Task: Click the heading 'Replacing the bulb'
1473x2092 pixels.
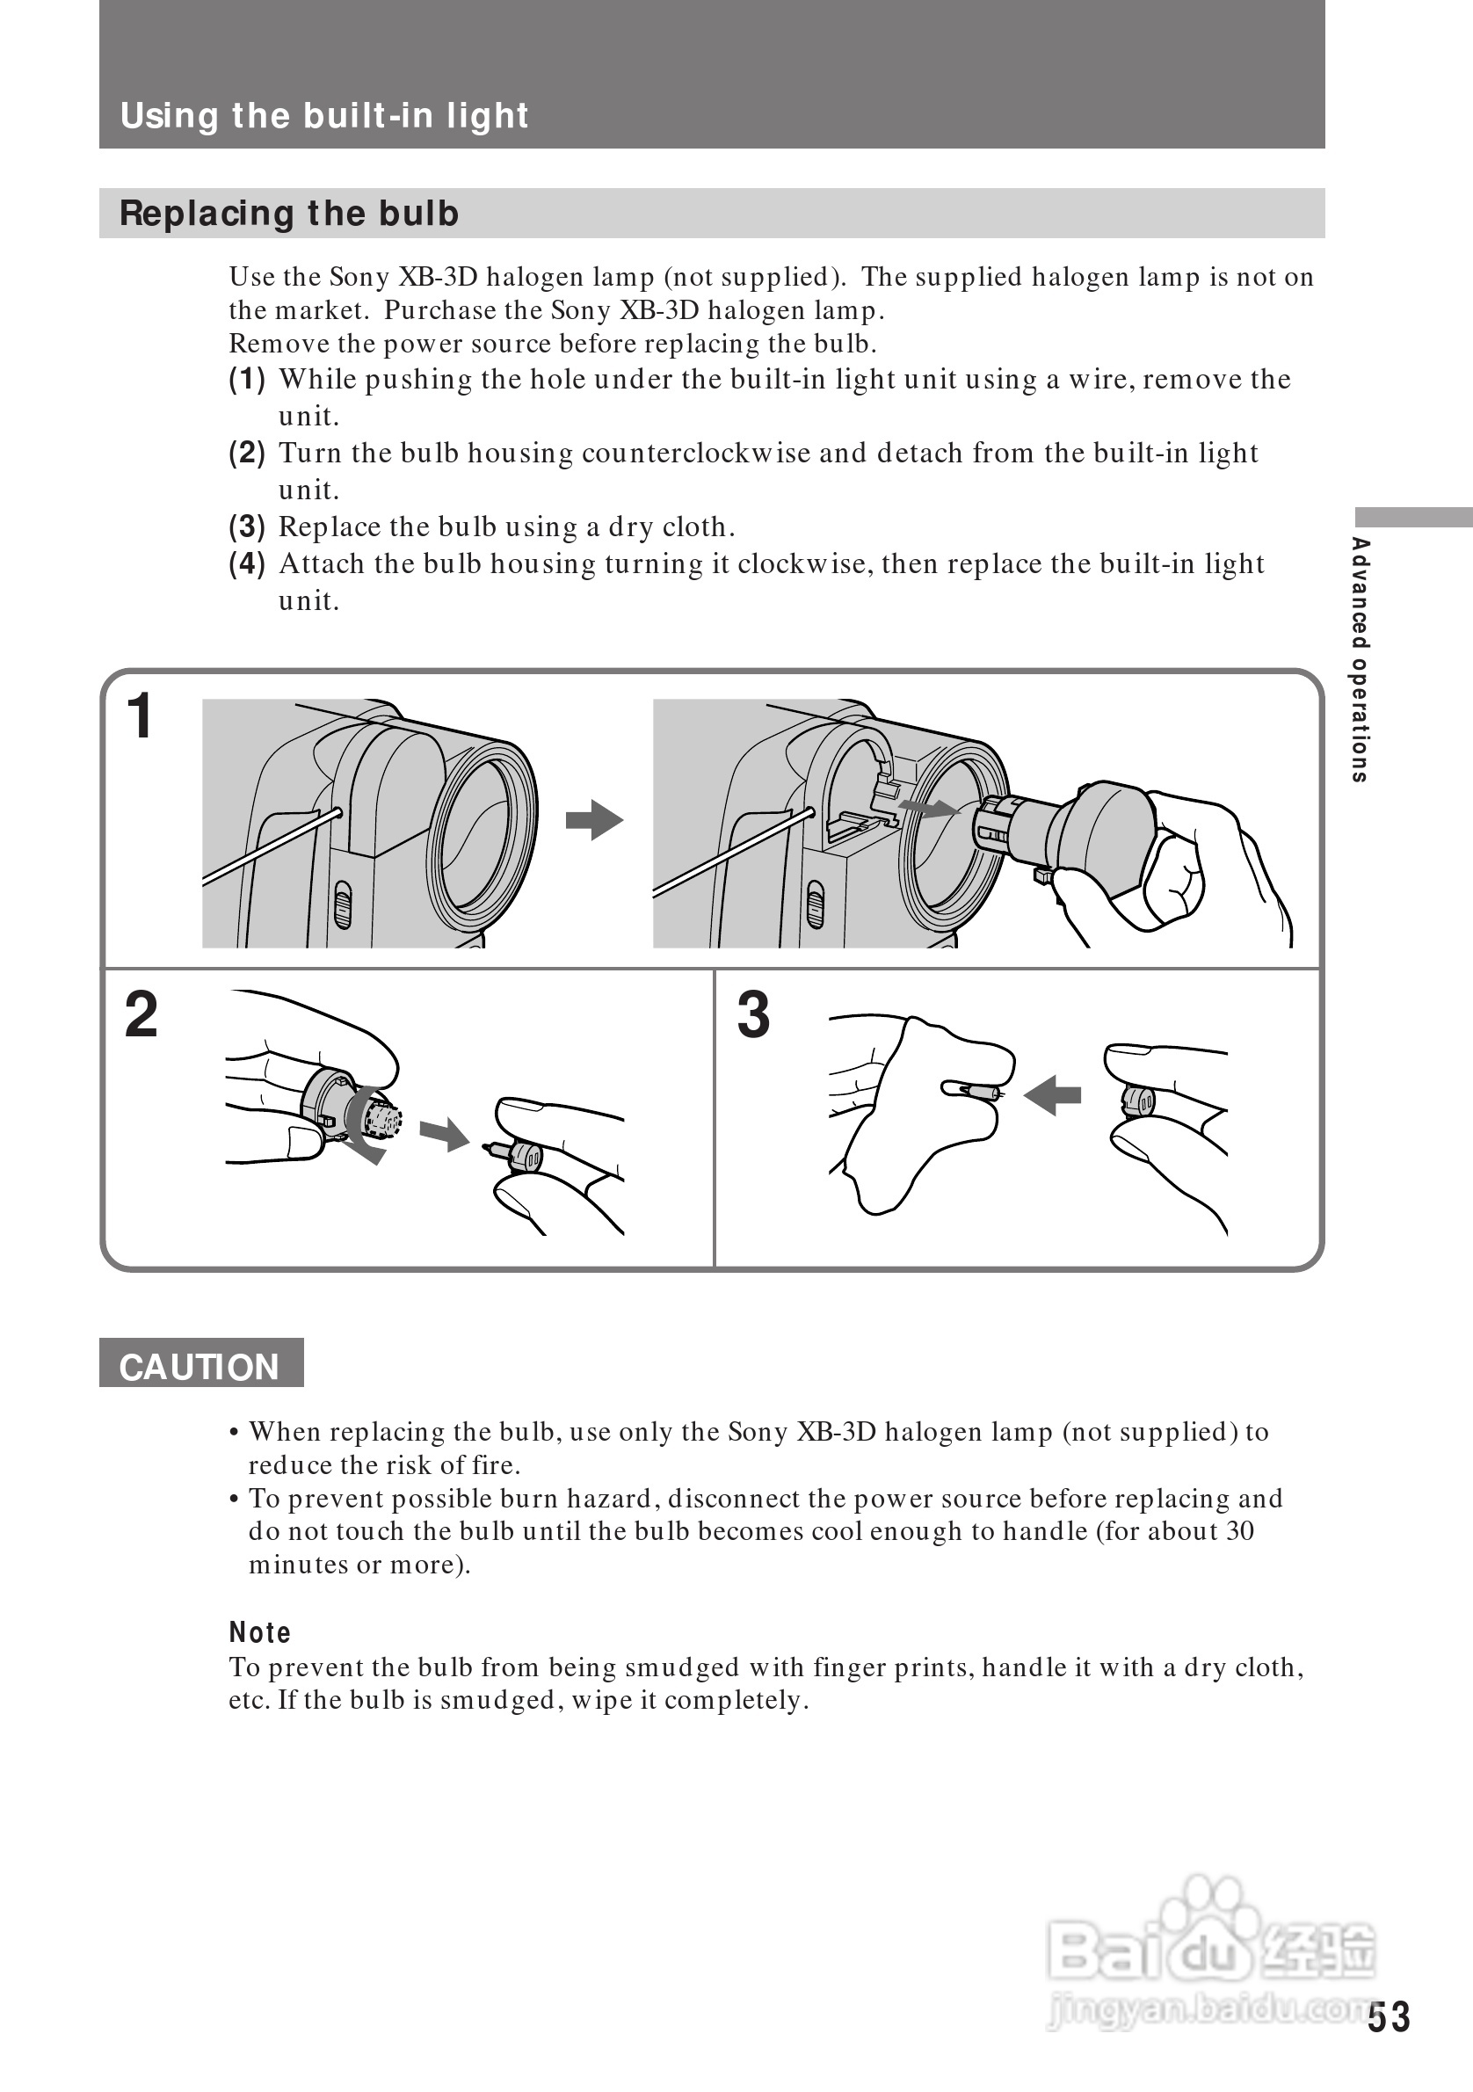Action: coord(289,214)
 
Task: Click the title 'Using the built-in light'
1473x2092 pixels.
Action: coord(324,116)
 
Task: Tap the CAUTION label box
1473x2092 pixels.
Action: coord(200,1367)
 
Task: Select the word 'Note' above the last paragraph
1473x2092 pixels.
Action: coord(259,1632)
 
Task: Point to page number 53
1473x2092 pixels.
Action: coord(1389,2017)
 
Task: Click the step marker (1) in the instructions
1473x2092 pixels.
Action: coord(247,379)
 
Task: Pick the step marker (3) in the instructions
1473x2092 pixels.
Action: coord(247,527)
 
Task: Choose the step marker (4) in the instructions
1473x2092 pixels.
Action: coord(247,564)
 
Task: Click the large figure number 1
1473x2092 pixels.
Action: coord(140,716)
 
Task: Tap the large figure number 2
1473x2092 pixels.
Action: coord(141,1014)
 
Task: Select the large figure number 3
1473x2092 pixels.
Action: coord(753,1014)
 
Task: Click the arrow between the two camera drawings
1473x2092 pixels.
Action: coord(594,819)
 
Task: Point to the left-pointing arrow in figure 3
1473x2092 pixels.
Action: coord(1052,1094)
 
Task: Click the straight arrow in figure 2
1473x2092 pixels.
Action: coord(445,1135)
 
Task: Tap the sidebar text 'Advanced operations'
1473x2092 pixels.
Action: coord(1359,659)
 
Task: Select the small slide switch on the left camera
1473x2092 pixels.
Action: coord(343,904)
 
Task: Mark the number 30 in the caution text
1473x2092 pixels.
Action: coord(1240,1530)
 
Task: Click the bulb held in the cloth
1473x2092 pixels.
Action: coord(975,1090)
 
